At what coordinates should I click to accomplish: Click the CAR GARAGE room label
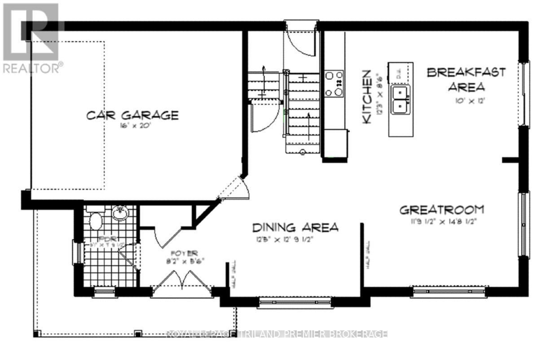coord(132,115)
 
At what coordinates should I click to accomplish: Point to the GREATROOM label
coord(442,210)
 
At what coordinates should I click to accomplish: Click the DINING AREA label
coord(295,228)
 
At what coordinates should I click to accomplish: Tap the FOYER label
coord(184,254)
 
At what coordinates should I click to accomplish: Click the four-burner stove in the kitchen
coord(334,83)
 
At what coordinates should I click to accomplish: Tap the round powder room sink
coord(120,213)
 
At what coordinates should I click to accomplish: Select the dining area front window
coord(296,303)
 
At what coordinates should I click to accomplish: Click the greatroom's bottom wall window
coord(449,292)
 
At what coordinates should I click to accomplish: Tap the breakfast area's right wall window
coord(523,93)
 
